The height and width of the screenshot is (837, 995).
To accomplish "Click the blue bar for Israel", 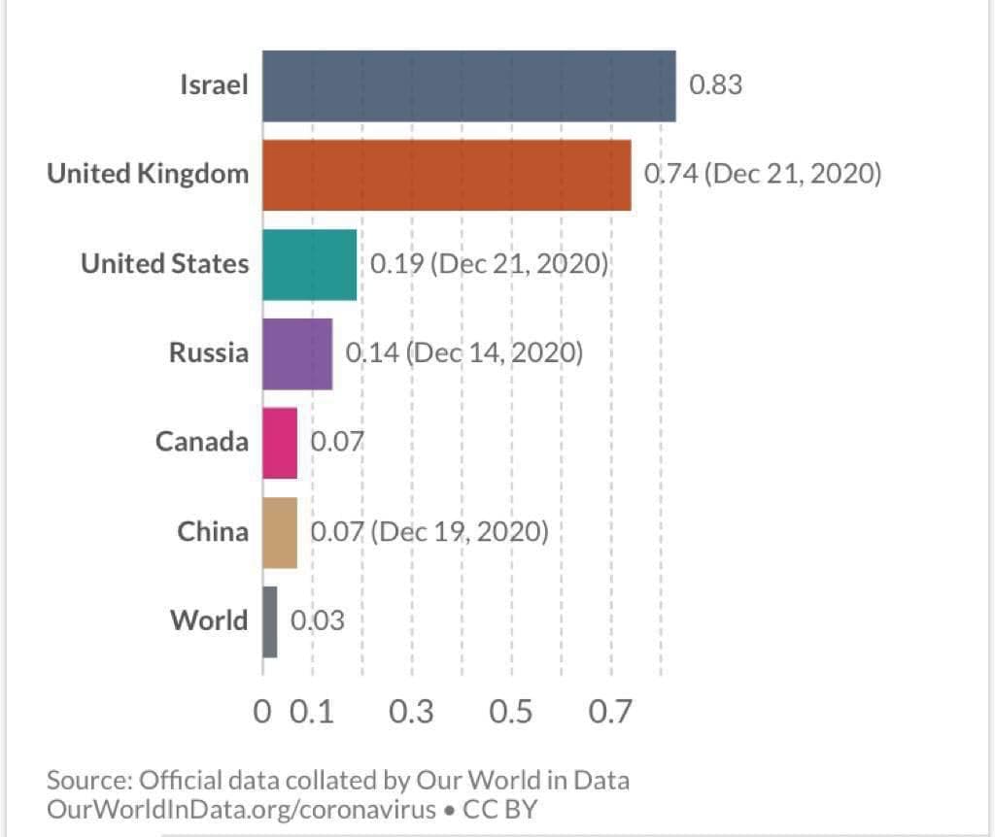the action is pyautogui.click(x=469, y=86).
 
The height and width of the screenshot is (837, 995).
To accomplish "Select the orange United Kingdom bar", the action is pyautogui.click(x=447, y=175).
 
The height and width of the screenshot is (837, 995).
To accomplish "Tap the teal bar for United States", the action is pyautogui.click(x=310, y=264).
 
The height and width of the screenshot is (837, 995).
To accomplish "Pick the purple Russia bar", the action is pyautogui.click(x=297, y=353).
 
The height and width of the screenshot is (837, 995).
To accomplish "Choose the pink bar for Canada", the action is pyautogui.click(x=280, y=443).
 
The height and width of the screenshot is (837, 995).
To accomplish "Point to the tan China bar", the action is pyautogui.click(x=280, y=533).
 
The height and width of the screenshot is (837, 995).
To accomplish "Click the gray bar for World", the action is pyautogui.click(x=270, y=622).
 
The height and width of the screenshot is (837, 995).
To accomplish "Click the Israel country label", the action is pyautogui.click(x=214, y=85).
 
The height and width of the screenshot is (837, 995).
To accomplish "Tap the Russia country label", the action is pyautogui.click(x=209, y=352).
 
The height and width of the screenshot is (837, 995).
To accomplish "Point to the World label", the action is pyautogui.click(x=209, y=620).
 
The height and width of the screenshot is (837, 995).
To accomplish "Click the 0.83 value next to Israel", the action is pyautogui.click(x=716, y=85).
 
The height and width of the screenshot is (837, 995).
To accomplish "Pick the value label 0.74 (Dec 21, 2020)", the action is pyautogui.click(x=763, y=174).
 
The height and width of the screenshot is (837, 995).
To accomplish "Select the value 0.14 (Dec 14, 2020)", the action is pyautogui.click(x=464, y=352).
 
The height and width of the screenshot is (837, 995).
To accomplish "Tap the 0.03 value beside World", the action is pyautogui.click(x=318, y=620).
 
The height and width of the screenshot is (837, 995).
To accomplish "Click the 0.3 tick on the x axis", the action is pyautogui.click(x=411, y=712).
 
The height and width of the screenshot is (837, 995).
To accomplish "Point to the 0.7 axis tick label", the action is pyautogui.click(x=610, y=712).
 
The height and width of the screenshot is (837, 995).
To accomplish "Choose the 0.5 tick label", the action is pyautogui.click(x=511, y=712).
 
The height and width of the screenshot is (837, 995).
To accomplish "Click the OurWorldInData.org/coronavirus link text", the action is pyautogui.click(x=242, y=810).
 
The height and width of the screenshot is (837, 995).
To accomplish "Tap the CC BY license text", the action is pyautogui.click(x=500, y=810).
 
